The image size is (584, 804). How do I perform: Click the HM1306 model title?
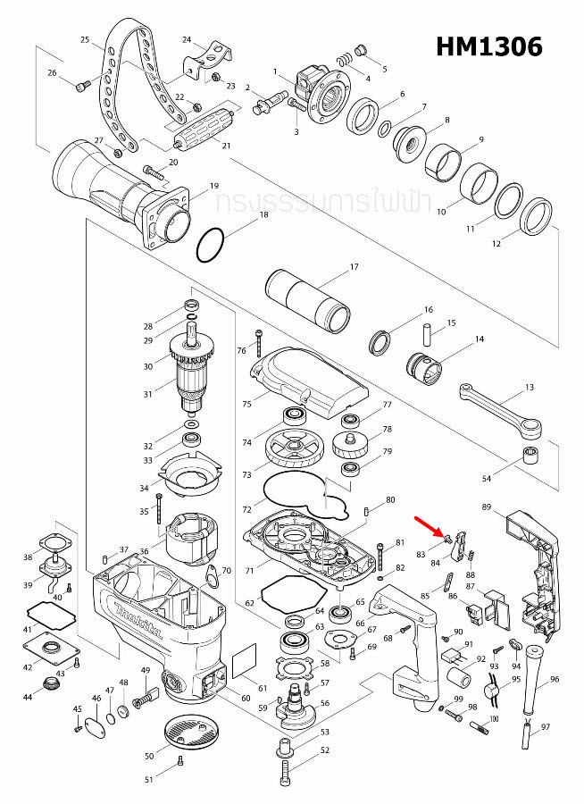pos(489,46)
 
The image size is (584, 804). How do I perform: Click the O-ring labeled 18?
pos(212,245)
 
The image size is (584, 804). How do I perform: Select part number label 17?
pos(354,267)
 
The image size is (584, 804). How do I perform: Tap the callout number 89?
pos(487,507)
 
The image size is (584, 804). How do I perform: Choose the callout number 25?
pos(85,40)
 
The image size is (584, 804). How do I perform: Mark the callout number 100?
pos(493,718)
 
